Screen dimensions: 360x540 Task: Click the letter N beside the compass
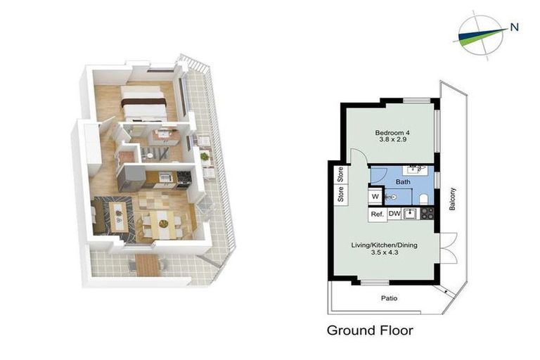(514, 28)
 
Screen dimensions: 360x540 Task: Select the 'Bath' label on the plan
(402, 181)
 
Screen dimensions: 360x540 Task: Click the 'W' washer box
(375, 196)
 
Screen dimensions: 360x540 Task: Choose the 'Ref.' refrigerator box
(376, 214)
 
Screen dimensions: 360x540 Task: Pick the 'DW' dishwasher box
(394, 214)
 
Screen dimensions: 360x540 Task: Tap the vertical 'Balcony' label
(453, 199)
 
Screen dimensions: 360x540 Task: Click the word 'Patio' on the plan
(390, 298)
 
